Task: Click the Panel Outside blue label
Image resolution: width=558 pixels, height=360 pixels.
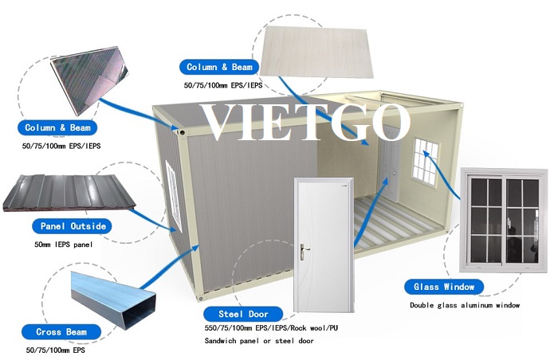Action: click(x=73, y=226)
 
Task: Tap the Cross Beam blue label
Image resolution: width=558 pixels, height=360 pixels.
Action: click(x=61, y=332)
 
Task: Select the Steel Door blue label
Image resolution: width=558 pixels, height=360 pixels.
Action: click(x=243, y=314)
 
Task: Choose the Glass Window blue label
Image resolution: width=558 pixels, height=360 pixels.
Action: click(x=444, y=287)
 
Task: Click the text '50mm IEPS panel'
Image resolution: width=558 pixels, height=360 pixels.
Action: click(x=63, y=245)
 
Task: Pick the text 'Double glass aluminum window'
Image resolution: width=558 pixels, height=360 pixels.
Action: click(x=465, y=305)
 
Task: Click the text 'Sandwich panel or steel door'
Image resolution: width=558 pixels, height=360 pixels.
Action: click(x=259, y=341)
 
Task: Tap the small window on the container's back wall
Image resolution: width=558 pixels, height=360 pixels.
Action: click(x=426, y=162)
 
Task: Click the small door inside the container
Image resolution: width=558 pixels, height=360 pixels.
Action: click(x=389, y=166)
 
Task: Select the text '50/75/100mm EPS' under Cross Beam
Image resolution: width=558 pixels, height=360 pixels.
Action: click(x=56, y=350)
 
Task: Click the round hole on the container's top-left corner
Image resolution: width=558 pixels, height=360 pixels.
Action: click(x=182, y=132)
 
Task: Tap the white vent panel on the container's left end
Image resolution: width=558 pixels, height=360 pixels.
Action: click(x=174, y=196)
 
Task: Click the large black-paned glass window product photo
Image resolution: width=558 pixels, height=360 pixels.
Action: click(x=504, y=220)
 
